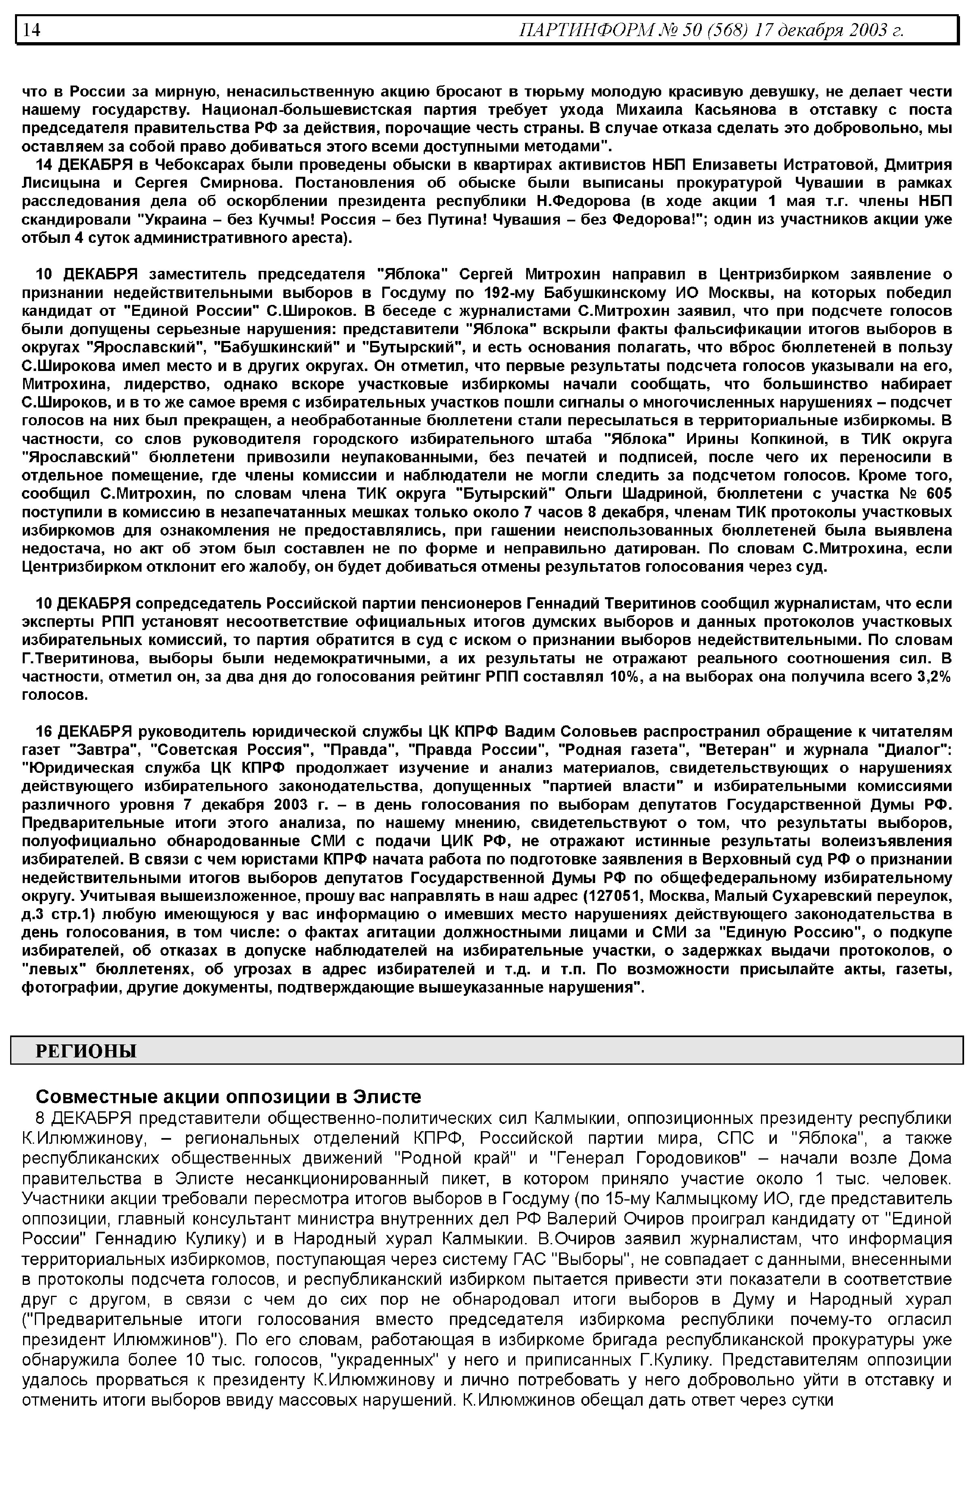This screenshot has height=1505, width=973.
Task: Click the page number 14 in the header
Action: tap(32, 30)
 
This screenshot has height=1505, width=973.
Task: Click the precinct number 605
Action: tap(938, 493)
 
